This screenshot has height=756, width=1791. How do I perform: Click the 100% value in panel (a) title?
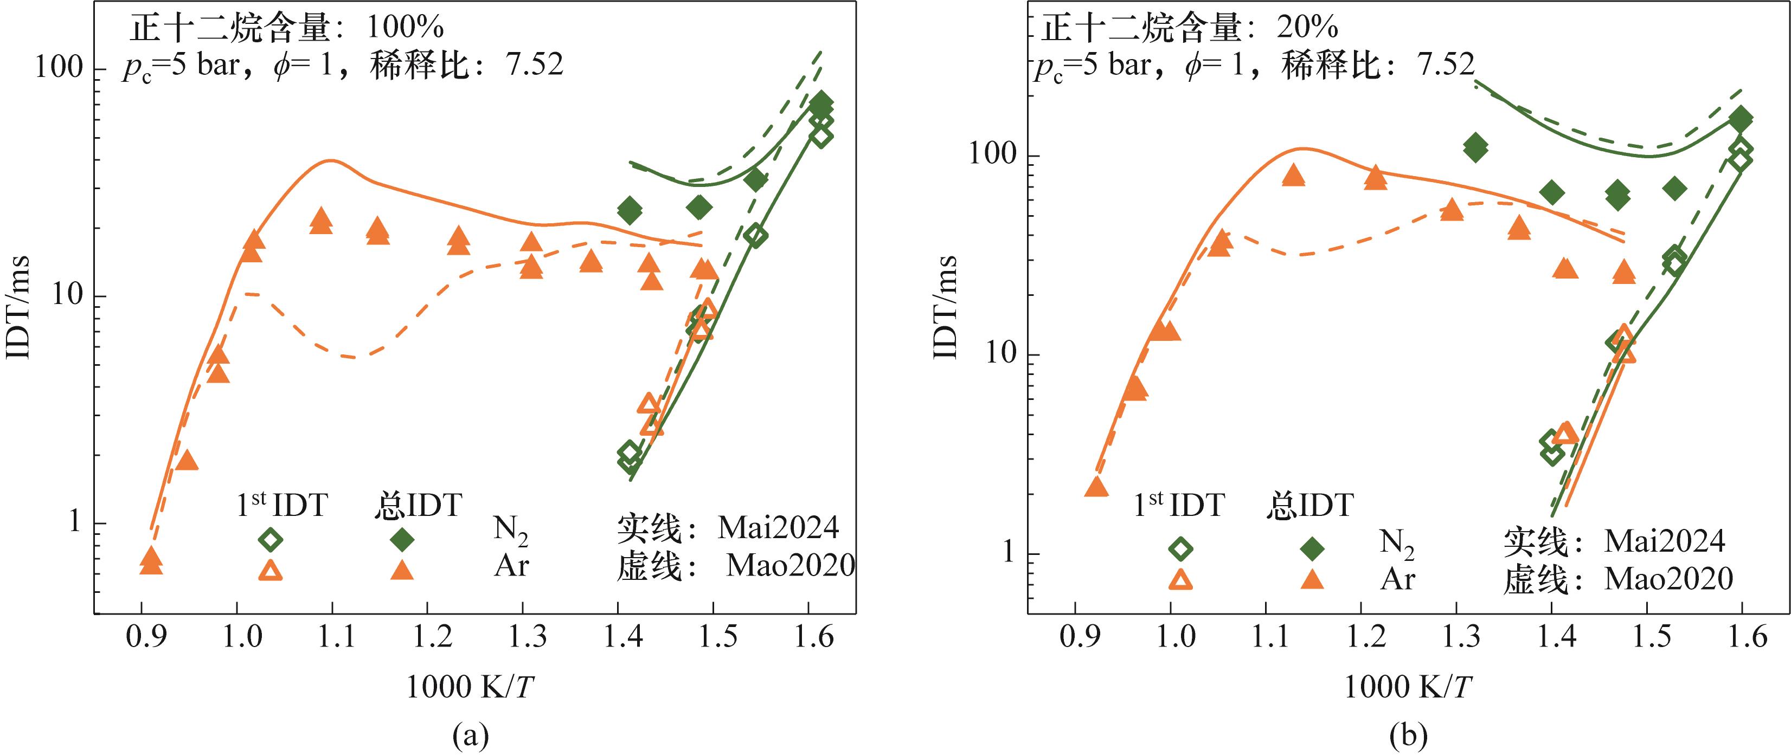405,28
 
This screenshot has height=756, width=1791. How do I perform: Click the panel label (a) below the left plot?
471,734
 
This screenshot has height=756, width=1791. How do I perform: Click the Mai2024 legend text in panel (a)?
778,528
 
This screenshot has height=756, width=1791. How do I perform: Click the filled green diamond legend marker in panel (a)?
401,539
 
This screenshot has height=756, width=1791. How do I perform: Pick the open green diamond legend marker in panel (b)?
1180,549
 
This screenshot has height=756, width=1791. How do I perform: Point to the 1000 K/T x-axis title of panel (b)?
1407,687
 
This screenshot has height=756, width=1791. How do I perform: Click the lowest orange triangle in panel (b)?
1096,488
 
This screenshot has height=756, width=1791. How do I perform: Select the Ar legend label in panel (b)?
1397,579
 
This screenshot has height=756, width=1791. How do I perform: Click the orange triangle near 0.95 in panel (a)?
187,461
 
